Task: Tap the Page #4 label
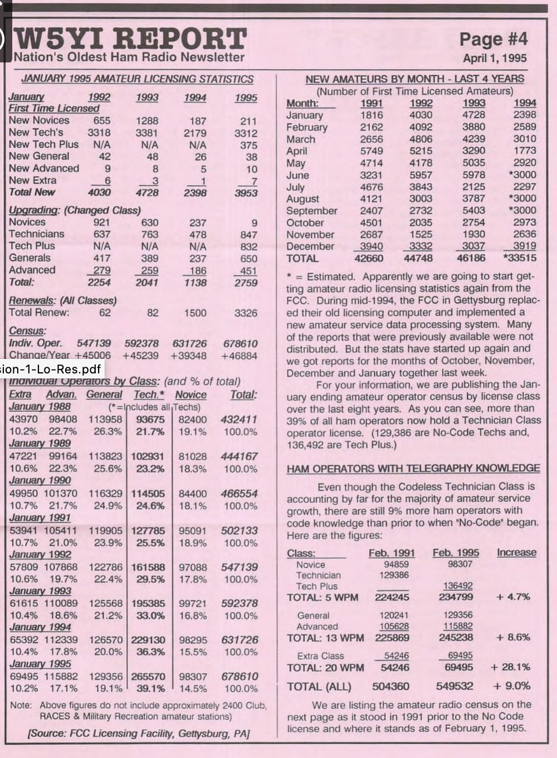tap(493, 39)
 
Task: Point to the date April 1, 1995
tap(495, 58)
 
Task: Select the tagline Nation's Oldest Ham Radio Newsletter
tap(129, 57)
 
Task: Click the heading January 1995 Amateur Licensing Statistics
tap(137, 79)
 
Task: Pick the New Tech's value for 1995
tap(246, 133)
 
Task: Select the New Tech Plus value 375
tap(248, 145)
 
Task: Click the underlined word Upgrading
tap(34, 210)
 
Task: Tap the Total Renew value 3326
tap(246, 313)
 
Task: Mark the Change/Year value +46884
tap(240, 355)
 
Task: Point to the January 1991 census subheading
tap(40, 518)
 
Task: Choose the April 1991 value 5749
tap(371, 151)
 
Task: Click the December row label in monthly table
tap(310, 246)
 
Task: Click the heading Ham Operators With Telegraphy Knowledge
tap(413, 468)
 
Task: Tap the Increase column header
tap(516, 553)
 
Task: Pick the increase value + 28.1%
tap(510, 667)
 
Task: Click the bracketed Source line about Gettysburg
tap(139, 733)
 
